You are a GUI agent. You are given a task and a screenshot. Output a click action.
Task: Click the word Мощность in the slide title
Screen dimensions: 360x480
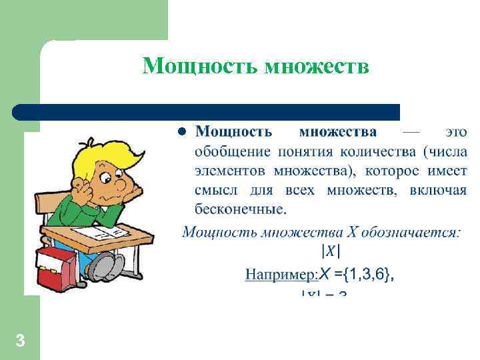coord(201,67)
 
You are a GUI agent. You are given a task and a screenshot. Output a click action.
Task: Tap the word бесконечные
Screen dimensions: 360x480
coord(240,210)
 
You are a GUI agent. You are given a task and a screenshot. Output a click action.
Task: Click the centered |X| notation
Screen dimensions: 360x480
coord(331,251)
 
